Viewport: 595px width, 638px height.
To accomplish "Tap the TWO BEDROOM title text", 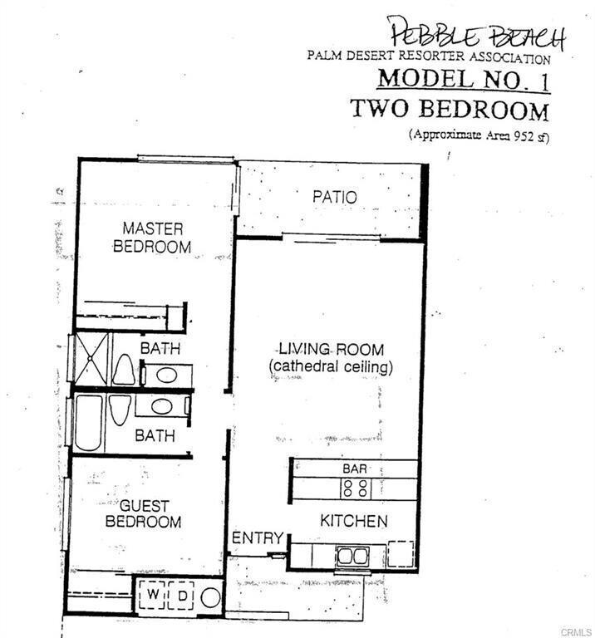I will [449, 109].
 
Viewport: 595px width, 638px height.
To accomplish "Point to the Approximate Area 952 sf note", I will [477, 135].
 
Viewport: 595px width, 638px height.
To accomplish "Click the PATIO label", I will [335, 197].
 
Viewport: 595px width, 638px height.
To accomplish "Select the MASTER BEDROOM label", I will [152, 237].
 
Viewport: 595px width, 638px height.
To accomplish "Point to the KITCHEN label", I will [354, 521].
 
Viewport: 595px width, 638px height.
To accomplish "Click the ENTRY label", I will [258, 538].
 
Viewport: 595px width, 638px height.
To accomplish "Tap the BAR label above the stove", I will [355, 469].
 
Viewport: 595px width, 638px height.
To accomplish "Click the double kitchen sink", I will [354, 556].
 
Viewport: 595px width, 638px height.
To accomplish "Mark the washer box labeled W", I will [155, 596].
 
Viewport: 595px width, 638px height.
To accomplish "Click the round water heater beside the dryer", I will [210, 597].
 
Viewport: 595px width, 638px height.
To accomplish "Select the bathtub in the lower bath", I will [89, 422].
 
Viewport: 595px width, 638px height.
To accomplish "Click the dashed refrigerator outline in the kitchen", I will [401, 554].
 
